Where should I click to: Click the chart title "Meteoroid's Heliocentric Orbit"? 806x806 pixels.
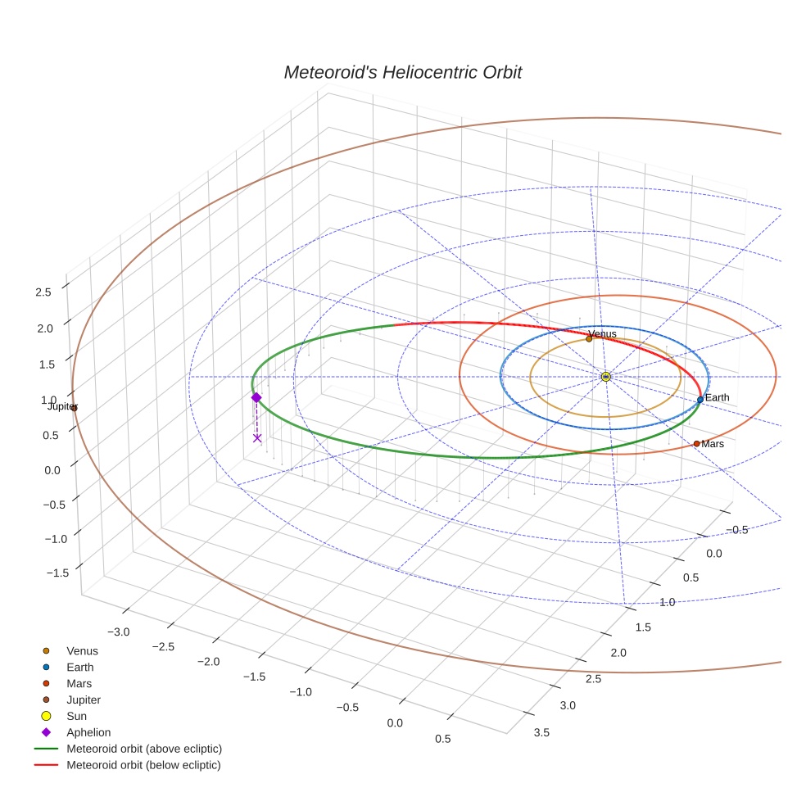tap(402, 73)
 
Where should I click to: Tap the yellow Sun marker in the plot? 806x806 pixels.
tap(605, 377)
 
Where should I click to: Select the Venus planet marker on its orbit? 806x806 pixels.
tap(589, 338)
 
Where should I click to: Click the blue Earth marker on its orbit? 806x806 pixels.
tap(700, 400)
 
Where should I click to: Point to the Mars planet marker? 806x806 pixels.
tap(696, 443)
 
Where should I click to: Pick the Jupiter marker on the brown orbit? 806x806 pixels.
tap(74, 407)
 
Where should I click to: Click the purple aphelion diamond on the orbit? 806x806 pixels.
tap(256, 397)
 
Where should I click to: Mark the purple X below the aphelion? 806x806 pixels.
tap(257, 438)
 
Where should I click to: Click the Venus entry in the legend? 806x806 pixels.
tap(82, 650)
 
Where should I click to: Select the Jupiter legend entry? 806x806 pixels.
tap(84, 700)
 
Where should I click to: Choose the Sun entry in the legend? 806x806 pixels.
tap(76, 716)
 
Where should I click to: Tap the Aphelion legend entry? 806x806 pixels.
tap(88, 732)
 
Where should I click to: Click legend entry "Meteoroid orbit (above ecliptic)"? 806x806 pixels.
tap(144, 749)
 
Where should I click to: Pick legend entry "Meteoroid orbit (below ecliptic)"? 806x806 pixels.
tap(144, 765)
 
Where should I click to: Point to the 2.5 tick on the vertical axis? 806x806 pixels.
tap(43, 292)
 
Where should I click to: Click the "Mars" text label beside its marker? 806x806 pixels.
tap(713, 444)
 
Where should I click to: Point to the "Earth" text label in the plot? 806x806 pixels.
tap(717, 398)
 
